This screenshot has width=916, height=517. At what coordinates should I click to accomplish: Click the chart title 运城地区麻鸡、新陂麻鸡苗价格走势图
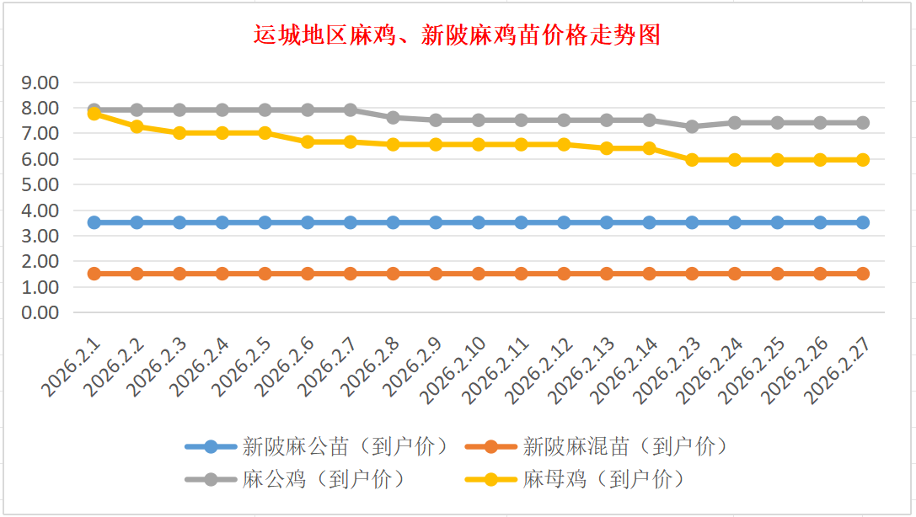tap(457, 35)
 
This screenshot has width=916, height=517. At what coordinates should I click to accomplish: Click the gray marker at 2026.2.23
tap(692, 126)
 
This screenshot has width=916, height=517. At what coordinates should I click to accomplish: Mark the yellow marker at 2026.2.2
tap(137, 126)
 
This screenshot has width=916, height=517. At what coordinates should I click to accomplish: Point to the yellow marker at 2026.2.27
tap(863, 159)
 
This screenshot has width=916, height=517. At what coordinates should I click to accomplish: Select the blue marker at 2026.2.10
tap(479, 222)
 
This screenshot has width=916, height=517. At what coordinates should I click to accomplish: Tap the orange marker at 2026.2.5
tap(265, 274)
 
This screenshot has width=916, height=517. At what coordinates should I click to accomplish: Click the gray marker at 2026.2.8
tap(394, 117)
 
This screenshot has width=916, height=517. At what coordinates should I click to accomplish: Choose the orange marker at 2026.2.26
tap(820, 274)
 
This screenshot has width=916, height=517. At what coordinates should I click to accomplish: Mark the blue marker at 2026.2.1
tap(94, 222)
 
